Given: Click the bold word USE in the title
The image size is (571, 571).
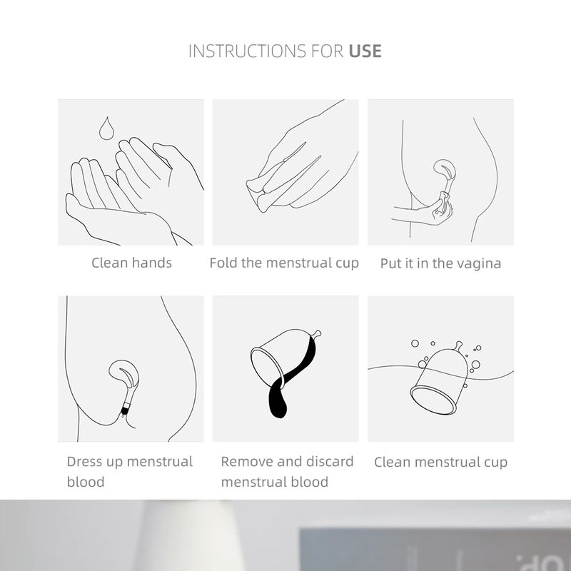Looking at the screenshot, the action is tap(365, 51).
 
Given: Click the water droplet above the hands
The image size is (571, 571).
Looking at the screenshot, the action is tap(106, 128).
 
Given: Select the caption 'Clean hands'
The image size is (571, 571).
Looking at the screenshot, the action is tap(131, 263).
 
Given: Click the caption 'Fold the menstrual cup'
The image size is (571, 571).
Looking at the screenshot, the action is tap(284, 263).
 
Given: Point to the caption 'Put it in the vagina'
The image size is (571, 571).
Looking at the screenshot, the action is tap(440, 263).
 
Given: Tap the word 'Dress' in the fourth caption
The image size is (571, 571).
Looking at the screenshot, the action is tap(83, 461).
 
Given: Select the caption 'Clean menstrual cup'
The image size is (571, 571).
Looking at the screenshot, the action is tap(440, 462).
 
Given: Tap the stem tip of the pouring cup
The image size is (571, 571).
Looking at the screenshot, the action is tap(318, 333).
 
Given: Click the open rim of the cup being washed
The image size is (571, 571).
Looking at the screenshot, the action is tap(433, 400).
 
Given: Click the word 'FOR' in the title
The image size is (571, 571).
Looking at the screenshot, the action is tap(328, 51).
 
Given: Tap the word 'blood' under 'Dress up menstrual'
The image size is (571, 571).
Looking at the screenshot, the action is tap(86, 482).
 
